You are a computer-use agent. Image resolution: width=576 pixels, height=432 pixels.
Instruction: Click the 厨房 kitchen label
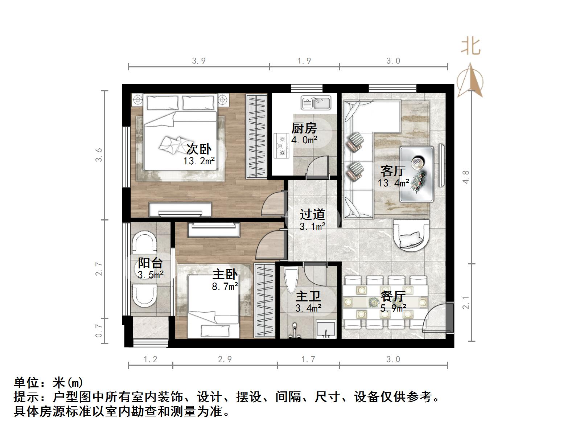click(304, 128)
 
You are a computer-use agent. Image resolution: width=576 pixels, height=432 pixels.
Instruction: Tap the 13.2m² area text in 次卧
click(199, 161)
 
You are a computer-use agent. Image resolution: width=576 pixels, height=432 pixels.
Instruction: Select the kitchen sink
click(316, 103)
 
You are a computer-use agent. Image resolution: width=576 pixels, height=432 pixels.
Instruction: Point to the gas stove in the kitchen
click(281, 146)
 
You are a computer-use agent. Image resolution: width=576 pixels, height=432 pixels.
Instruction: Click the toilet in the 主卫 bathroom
click(291, 280)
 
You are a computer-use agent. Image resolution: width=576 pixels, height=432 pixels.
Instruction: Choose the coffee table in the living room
click(417, 174)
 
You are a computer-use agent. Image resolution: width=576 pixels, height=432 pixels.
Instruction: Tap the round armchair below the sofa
click(411, 235)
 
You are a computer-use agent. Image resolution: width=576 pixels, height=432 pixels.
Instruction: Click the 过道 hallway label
click(312, 214)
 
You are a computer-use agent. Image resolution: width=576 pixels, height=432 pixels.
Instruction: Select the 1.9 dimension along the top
click(304, 61)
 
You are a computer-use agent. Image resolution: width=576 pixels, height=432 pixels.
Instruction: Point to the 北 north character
click(471, 46)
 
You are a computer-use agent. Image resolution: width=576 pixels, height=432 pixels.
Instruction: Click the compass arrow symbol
click(470, 81)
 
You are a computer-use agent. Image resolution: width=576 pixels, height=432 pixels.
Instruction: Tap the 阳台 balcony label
click(150, 263)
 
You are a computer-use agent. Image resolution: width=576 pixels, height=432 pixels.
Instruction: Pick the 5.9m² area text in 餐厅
click(393, 309)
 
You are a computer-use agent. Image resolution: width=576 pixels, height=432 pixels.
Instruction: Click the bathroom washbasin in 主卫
click(326, 329)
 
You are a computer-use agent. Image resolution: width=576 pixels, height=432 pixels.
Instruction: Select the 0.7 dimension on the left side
click(99, 330)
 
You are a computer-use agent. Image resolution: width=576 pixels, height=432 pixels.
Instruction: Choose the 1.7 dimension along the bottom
click(308, 359)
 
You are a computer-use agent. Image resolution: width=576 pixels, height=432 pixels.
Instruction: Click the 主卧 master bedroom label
click(225, 275)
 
